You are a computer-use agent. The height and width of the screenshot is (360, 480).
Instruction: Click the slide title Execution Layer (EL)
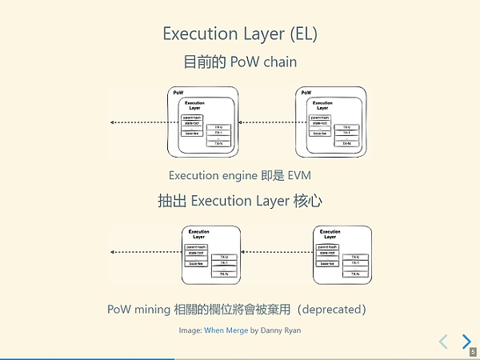(239, 34)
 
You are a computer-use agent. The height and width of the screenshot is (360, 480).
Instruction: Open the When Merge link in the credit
(226, 330)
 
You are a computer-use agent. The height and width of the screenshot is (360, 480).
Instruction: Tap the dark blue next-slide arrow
(466, 342)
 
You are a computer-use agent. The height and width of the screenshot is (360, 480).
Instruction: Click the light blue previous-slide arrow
(443, 342)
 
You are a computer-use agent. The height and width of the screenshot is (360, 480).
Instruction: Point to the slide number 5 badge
(473, 351)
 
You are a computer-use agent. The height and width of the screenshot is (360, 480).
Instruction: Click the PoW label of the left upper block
(178, 94)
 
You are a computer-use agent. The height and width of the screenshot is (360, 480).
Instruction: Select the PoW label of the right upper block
(306, 94)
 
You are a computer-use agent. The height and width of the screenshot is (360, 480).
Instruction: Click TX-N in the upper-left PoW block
(218, 143)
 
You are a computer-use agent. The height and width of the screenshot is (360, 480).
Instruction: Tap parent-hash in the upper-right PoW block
(321, 118)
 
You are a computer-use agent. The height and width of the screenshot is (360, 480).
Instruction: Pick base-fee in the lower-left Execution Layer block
(194, 262)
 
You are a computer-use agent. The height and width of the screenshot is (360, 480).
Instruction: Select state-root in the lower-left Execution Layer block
(194, 253)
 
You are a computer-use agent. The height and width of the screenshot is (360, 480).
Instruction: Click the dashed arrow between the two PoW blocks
(267, 122)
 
